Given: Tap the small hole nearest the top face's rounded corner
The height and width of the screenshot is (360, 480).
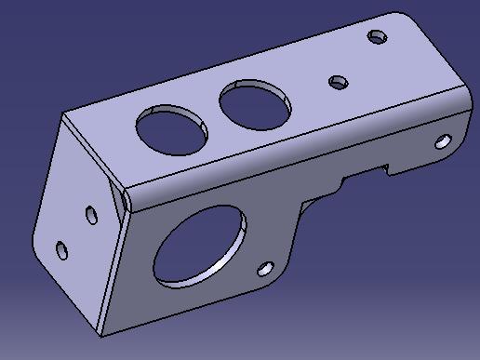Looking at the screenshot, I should point(378,37).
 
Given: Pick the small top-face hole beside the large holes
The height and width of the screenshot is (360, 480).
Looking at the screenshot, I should point(339,82).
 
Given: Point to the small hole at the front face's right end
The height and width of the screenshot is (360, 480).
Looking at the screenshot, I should point(443,142).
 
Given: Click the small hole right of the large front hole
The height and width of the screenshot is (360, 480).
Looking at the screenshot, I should point(265,269).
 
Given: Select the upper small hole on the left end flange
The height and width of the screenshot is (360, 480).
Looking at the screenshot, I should point(91,215).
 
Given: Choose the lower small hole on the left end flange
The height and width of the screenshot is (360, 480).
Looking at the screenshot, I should point(61,250).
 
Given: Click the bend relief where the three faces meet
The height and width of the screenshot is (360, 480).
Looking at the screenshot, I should point(121,198).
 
